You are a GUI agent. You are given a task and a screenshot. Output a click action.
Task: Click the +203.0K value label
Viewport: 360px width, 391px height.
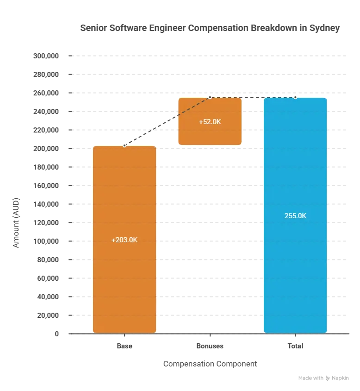coord(124,240)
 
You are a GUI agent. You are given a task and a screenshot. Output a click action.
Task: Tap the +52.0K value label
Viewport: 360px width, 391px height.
coord(210,122)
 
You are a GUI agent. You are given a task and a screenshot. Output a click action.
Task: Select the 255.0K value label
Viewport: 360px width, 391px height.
coord(295,216)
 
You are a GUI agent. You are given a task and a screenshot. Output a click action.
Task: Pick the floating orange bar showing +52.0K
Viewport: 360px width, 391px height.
coord(210,134)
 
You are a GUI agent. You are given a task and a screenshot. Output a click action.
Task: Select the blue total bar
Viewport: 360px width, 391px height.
coord(295,269)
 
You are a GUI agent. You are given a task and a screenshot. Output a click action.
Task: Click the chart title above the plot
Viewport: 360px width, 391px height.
coord(209,29)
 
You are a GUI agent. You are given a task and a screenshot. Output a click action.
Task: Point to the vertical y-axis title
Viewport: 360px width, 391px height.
coord(17,222)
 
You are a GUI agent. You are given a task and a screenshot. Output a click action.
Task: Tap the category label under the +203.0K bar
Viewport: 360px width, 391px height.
coord(124,345)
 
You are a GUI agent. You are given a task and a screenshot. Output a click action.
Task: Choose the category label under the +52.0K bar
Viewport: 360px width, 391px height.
coord(210,345)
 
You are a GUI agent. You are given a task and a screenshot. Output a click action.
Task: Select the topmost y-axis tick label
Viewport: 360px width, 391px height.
coord(46,56)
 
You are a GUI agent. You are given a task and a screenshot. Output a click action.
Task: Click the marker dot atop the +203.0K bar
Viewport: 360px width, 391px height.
coord(124,145)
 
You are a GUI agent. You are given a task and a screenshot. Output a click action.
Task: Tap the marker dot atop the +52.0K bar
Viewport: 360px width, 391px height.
coord(210,97)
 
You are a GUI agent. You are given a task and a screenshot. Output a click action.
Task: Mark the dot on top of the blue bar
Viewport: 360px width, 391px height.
coord(295,97)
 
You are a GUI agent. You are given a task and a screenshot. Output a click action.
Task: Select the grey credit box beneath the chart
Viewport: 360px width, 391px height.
coord(323,378)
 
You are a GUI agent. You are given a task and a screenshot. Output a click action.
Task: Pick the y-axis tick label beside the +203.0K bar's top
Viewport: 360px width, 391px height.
coord(46,148)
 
